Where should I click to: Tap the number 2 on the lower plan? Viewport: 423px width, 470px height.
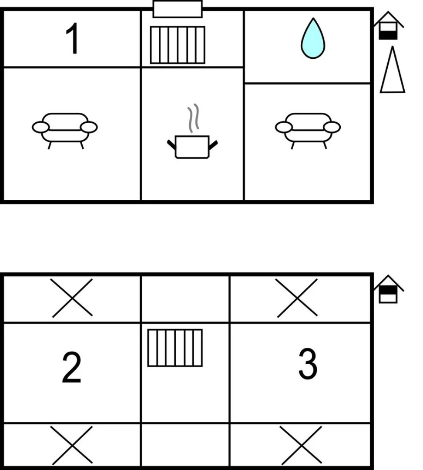(x=71, y=367)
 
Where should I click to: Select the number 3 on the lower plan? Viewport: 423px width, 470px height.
(x=308, y=364)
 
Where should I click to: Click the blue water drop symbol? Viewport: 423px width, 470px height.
(x=313, y=38)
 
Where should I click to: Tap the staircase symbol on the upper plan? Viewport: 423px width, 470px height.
(x=178, y=45)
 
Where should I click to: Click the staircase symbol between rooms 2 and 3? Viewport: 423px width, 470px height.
(x=175, y=348)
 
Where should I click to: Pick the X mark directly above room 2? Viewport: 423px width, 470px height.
(x=71, y=298)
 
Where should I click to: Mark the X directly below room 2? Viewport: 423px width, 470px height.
(x=71, y=445)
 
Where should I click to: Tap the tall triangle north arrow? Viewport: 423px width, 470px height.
(x=393, y=70)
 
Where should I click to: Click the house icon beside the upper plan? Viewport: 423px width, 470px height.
(x=389, y=26)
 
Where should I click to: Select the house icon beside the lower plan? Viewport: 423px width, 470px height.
(x=389, y=289)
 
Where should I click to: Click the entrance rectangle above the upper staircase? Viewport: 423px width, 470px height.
(x=178, y=9)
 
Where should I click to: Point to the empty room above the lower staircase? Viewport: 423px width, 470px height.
(x=185, y=299)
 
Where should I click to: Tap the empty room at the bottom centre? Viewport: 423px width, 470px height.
(x=185, y=445)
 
